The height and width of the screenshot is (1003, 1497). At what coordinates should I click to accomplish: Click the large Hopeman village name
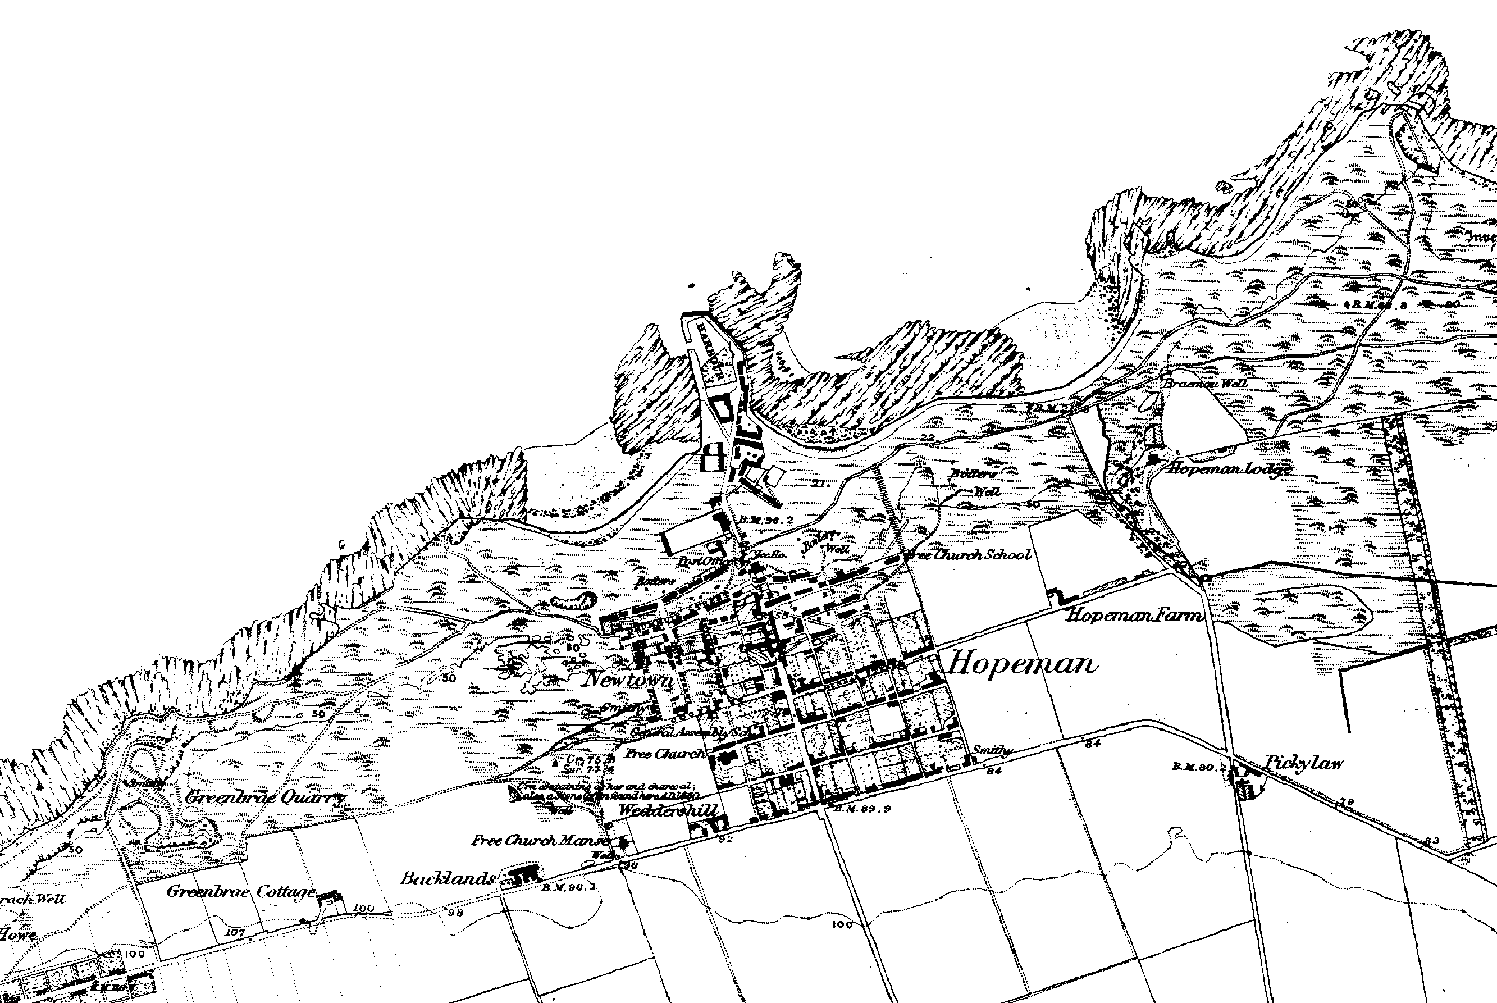coord(1021,664)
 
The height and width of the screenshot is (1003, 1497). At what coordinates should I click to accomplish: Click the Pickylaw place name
coord(1304,763)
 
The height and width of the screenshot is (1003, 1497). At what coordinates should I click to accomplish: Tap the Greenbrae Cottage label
coord(241,892)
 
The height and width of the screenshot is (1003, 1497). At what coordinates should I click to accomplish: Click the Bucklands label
coord(448,878)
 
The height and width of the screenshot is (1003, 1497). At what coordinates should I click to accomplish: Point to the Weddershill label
coord(669,810)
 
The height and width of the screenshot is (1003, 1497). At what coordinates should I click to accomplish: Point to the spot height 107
coord(235,932)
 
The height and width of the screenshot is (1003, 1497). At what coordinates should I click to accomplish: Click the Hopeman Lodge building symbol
coord(1154,459)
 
